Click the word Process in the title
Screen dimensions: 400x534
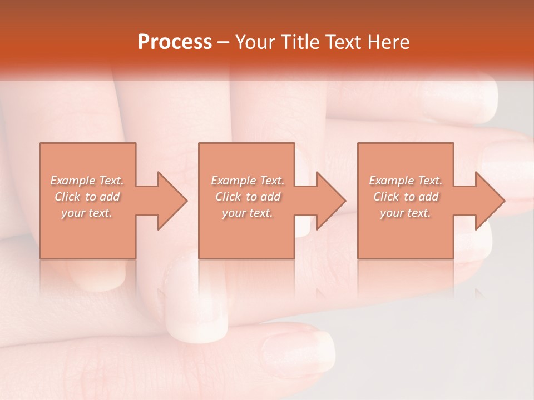pyautogui.click(x=175, y=42)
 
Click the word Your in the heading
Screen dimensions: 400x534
pyautogui.click(x=256, y=42)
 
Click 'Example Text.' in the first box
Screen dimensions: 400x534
pyautogui.click(x=87, y=181)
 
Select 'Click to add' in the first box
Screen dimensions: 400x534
pyautogui.click(x=87, y=197)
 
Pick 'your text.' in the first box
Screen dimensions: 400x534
pyautogui.click(x=87, y=213)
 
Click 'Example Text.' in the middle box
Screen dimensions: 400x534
pyautogui.click(x=247, y=181)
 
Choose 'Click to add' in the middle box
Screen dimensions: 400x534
pyautogui.click(x=247, y=197)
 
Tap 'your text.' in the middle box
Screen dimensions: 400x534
pyautogui.click(x=247, y=213)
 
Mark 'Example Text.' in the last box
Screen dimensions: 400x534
pyautogui.click(x=406, y=181)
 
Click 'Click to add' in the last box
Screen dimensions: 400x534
pyautogui.click(x=406, y=197)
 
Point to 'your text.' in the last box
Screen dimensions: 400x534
pyautogui.click(x=406, y=213)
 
